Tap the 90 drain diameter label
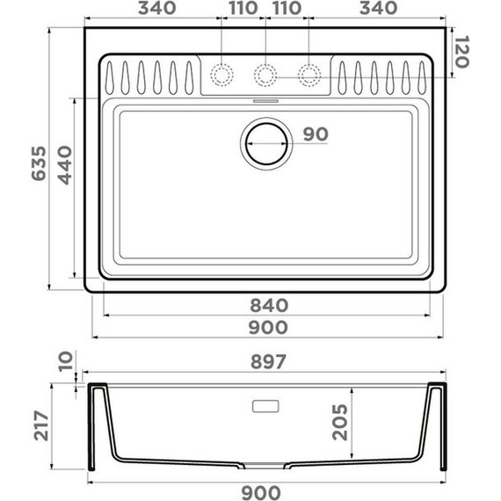(x=315, y=134)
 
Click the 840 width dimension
(x=268, y=306)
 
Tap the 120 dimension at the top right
(x=464, y=52)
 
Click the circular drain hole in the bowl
(x=265, y=143)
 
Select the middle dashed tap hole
(x=265, y=75)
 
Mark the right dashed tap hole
(x=309, y=75)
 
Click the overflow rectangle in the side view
(x=265, y=406)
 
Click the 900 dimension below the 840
(x=268, y=327)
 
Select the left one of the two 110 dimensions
(x=243, y=9)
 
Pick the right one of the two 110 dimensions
(x=287, y=9)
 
